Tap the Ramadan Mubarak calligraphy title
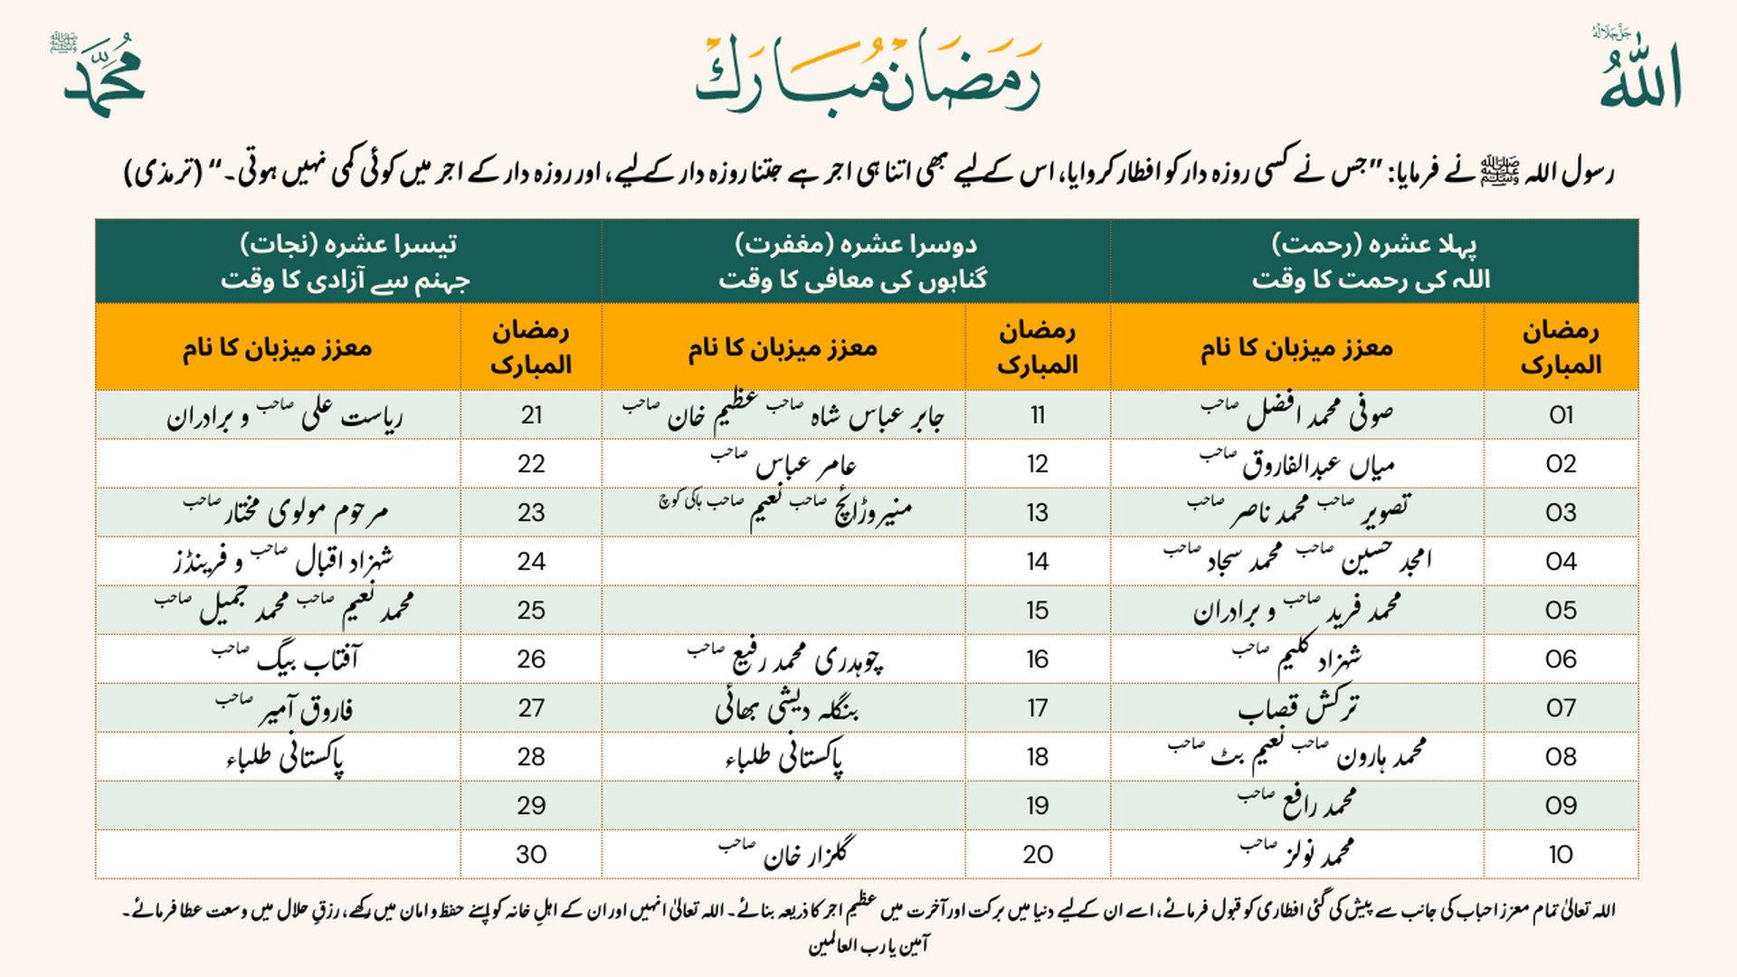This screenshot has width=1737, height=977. point(868,72)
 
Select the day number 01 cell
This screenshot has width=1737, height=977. point(1561,415)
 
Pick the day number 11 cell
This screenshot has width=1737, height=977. point(1037,415)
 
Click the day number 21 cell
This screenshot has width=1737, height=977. point(531,415)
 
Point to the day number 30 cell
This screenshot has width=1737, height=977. point(531,854)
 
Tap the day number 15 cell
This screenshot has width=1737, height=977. point(1037,611)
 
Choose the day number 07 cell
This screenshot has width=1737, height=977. point(1561,708)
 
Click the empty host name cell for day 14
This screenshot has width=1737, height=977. point(783,562)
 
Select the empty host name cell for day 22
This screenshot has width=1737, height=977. point(278,464)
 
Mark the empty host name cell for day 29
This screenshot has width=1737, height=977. point(278,805)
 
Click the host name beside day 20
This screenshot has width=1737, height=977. point(784,854)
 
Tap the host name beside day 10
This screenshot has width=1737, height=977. point(1297,854)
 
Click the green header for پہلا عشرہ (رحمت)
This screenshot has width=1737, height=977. point(1373,261)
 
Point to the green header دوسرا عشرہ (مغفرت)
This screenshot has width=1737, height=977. point(855,261)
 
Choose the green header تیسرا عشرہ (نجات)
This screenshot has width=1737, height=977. point(347,261)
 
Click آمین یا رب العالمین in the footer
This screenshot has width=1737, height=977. point(868,946)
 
